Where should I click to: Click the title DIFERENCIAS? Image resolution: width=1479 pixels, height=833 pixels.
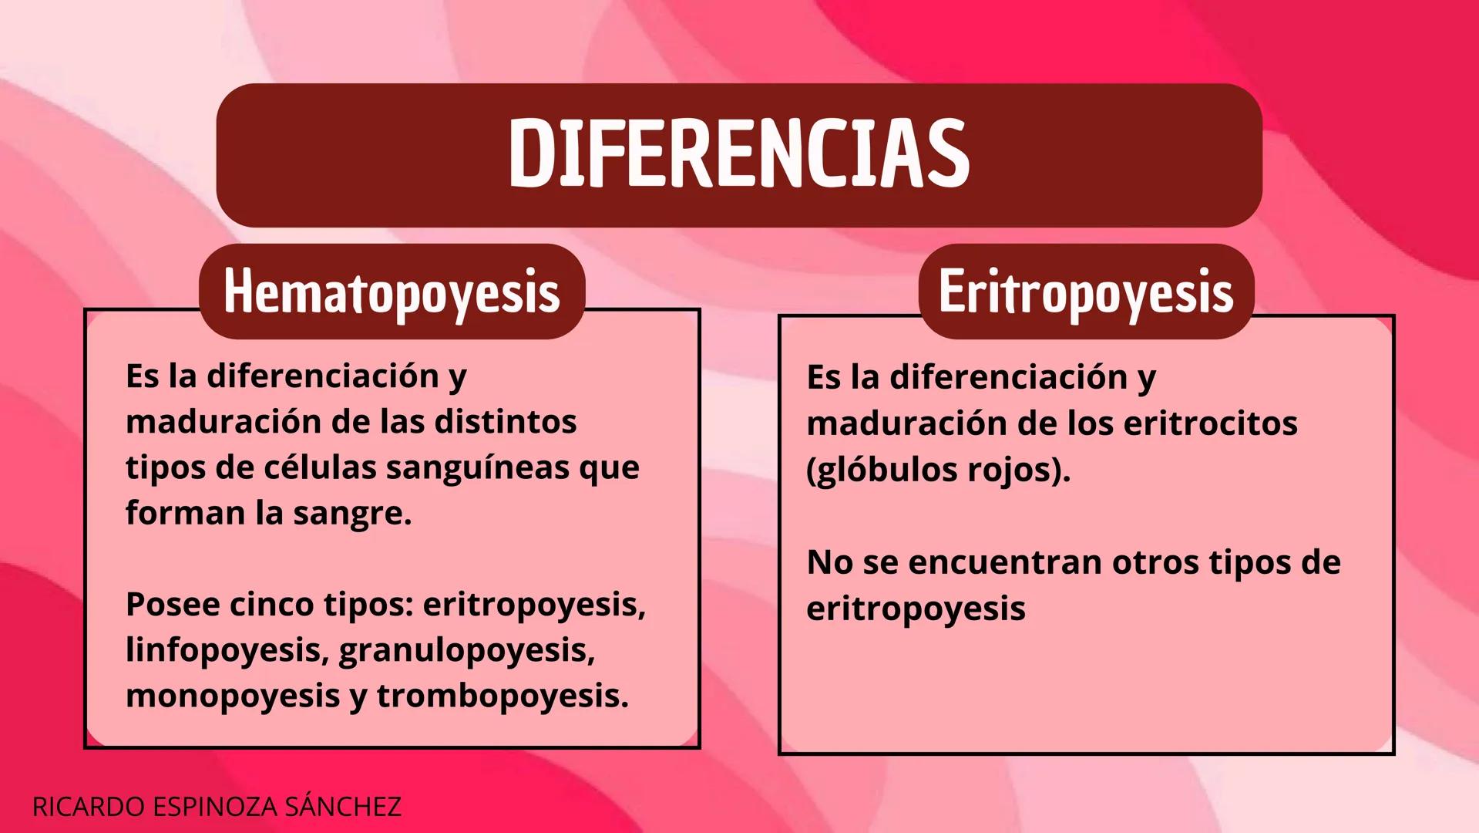(x=738, y=154)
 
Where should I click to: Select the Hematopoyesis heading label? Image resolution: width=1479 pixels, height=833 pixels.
(x=392, y=292)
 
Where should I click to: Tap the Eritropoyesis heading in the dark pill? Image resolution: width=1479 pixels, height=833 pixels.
(x=1085, y=292)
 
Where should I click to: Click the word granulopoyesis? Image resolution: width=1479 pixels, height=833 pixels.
(x=466, y=650)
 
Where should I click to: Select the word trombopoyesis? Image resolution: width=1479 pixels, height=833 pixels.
(x=502, y=696)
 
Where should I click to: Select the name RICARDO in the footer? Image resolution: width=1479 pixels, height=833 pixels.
(x=88, y=807)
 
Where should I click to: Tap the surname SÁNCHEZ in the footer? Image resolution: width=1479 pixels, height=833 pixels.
(x=342, y=806)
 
